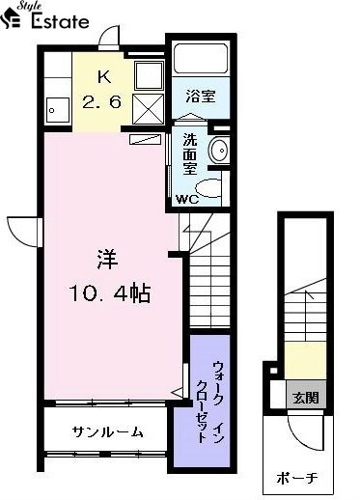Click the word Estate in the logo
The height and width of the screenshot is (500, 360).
tap(60, 21)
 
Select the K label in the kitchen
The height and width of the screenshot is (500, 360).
tap(104, 78)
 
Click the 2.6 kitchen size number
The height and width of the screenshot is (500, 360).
tap(102, 102)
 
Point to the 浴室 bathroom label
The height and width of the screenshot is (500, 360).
tap(201, 96)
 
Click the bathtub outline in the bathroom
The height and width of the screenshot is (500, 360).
tap(201, 59)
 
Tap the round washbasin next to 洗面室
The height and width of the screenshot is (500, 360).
tap(218, 150)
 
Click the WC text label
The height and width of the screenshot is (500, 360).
tap(187, 200)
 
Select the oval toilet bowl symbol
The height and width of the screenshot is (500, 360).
tap(208, 188)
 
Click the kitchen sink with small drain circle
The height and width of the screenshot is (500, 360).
tap(58, 110)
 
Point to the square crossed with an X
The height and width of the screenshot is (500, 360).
tap(149, 109)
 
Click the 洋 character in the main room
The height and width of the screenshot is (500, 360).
tap(107, 260)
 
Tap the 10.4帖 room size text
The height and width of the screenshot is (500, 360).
tap(110, 293)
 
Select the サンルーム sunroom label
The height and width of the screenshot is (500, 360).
tap(107, 432)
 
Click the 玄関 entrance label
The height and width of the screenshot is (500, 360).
tap(306, 398)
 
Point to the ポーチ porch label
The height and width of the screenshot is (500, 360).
tap(297, 478)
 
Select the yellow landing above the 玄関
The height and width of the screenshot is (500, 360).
tap(305, 361)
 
